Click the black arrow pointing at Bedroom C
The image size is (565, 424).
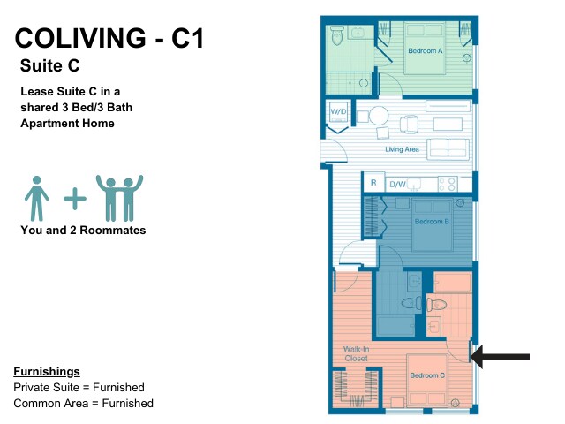pos(501,357)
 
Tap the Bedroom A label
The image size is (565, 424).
pos(426,51)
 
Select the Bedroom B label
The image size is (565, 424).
pos(432,222)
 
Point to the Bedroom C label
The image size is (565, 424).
pos(427,375)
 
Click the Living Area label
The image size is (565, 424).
pos(403,149)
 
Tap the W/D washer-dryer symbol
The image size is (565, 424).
pos(338,112)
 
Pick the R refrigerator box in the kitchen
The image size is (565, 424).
pos(373,183)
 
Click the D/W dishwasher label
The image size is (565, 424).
pos(397,185)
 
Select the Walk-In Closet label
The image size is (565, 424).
pos(356,353)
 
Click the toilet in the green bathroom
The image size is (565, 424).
pos(337,35)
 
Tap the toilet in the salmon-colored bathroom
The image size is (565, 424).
pos(436,305)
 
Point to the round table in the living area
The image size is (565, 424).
pos(379,116)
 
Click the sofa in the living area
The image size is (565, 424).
pos(448,149)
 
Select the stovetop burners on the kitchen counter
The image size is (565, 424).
pos(448,184)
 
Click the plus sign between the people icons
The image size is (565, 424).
pos(75,198)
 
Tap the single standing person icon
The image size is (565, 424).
pos(36,198)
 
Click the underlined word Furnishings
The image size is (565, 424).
pos(47,371)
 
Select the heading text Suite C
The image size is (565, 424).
pos(49,65)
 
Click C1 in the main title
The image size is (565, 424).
pos(187,38)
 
